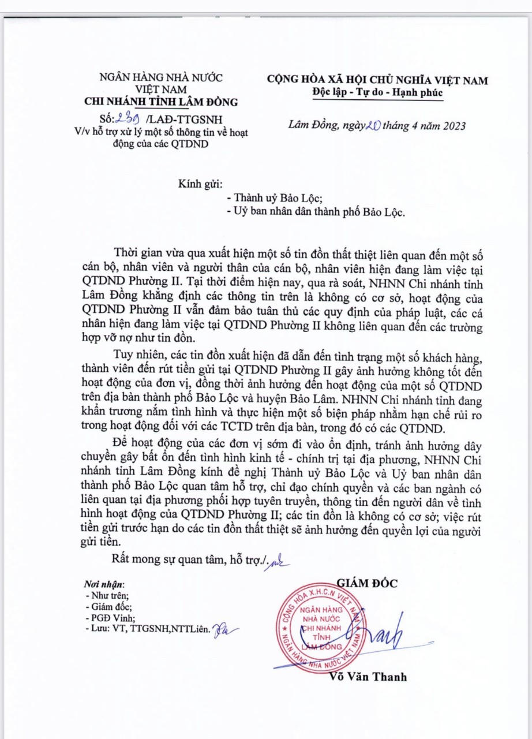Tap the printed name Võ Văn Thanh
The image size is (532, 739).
(x=368, y=676)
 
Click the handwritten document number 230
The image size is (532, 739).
(x=128, y=120)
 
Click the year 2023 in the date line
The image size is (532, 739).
(x=451, y=126)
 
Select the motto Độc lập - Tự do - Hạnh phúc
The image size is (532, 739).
(x=377, y=92)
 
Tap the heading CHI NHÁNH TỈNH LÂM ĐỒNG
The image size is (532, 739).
(x=161, y=102)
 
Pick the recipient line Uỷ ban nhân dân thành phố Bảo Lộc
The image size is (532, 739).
(x=317, y=212)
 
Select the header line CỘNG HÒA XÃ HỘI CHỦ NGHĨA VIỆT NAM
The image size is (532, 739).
(x=377, y=80)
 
